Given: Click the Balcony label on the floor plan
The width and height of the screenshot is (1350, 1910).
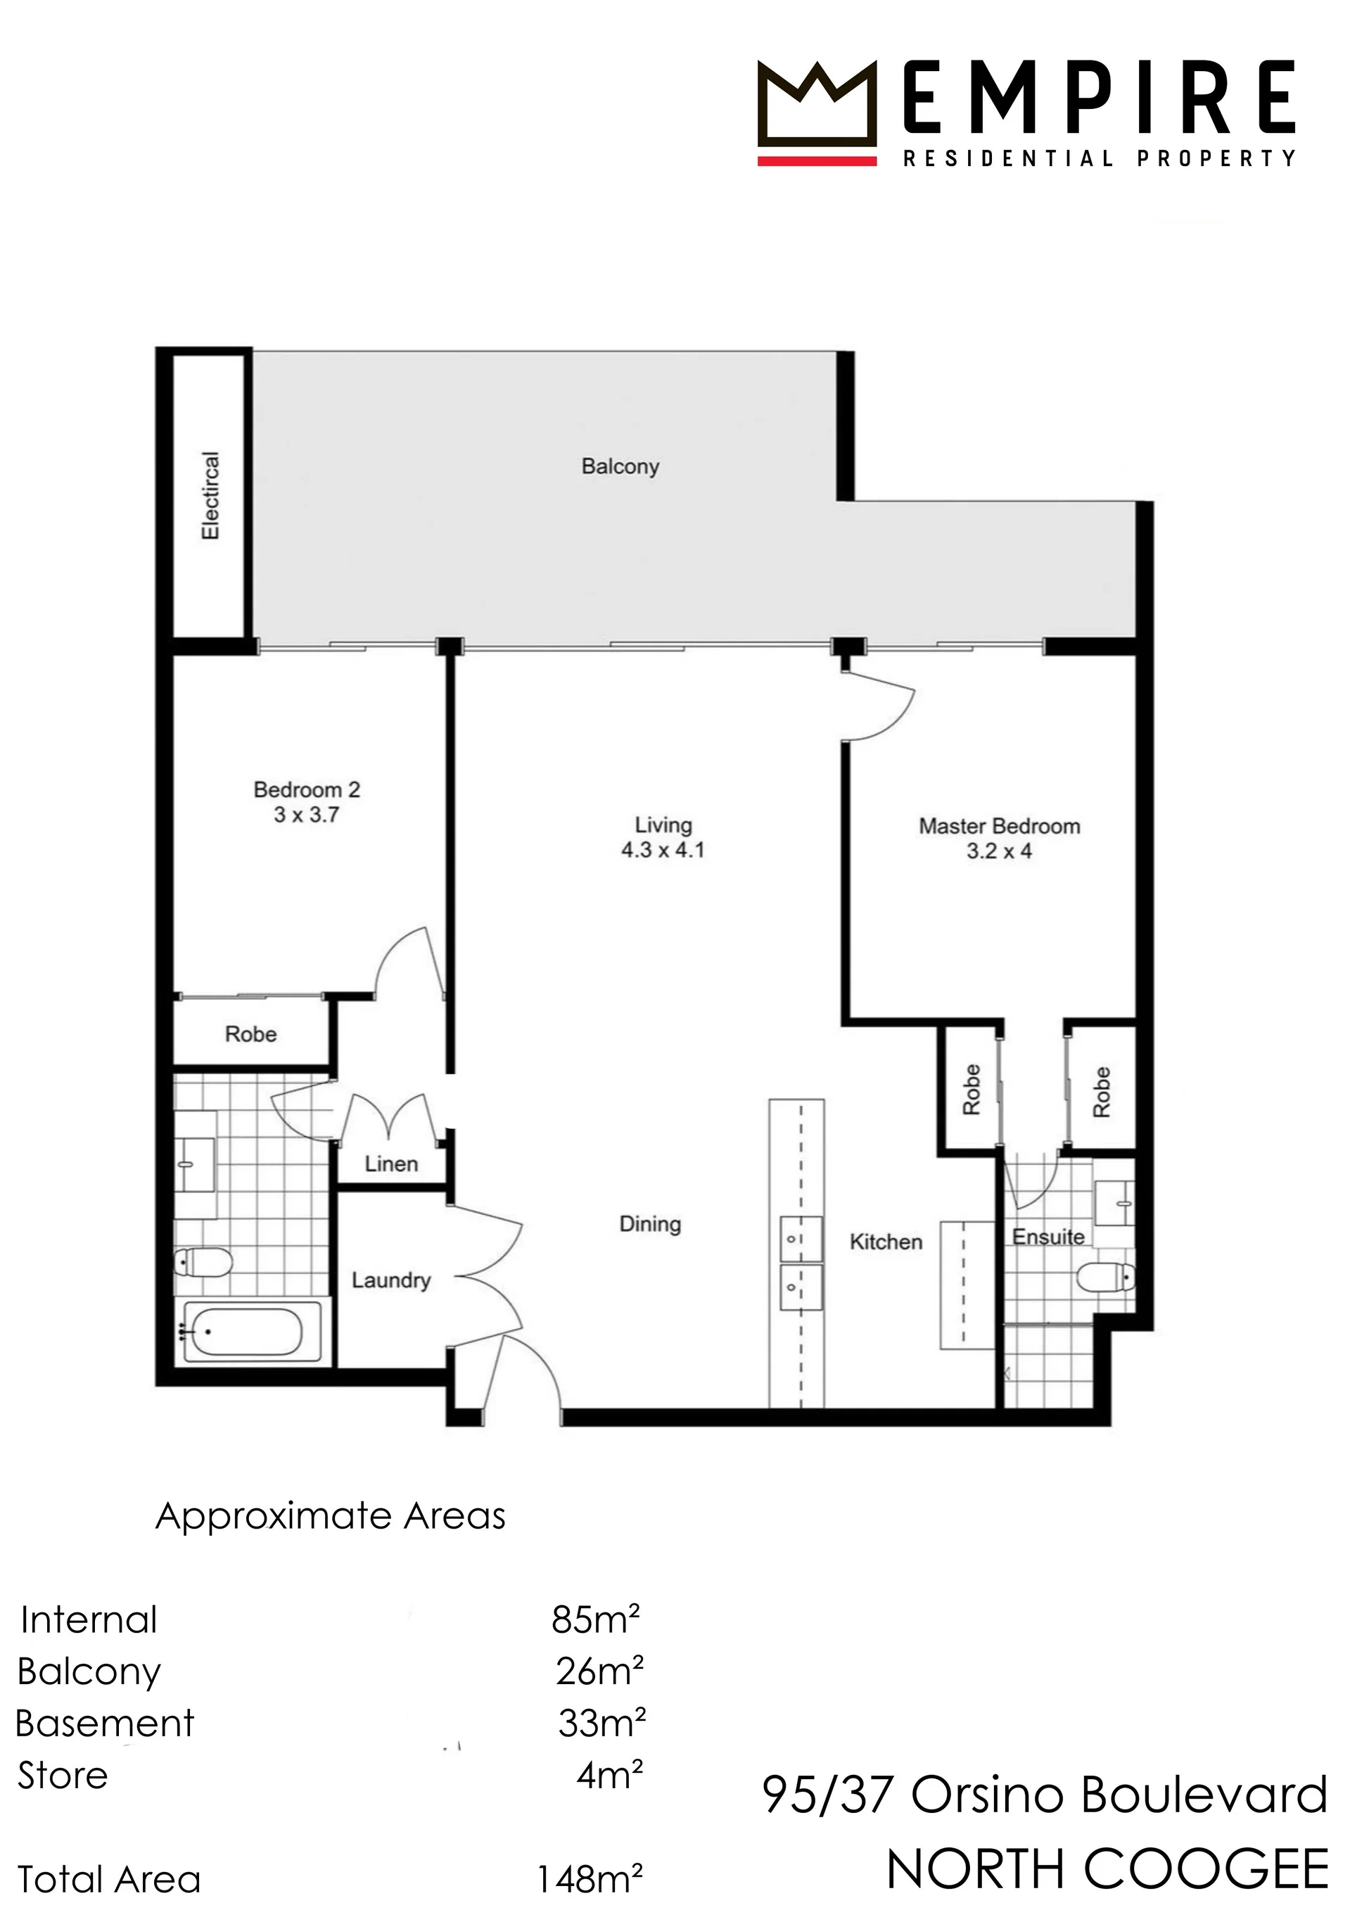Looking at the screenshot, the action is [x=620, y=466].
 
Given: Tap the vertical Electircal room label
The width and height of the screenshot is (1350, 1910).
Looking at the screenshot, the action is [x=210, y=496].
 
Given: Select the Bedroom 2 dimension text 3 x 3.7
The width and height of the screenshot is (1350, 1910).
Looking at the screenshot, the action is [x=307, y=815].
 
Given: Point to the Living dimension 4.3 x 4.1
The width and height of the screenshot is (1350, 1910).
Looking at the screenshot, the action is [x=663, y=851].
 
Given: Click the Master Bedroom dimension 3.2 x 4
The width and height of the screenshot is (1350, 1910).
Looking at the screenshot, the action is [x=999, y=851].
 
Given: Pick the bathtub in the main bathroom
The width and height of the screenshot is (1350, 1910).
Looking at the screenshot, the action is [x=242, y=1332].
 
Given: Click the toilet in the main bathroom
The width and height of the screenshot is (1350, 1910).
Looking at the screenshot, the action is [x=203, y=1263].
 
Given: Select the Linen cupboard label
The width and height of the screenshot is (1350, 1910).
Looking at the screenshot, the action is [x=391, y=1164].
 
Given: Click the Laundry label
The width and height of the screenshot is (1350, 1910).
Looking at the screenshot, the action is [x=391, y=1280].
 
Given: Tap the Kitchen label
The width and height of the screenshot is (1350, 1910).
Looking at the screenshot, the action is [x=886, y=1242].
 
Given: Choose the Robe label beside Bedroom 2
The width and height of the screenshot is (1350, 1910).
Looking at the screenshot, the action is [x=250, y=1034].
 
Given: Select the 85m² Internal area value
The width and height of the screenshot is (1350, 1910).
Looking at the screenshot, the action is [x=596, y=1619].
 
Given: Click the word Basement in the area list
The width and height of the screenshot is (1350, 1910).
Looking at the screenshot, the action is [x=105, y=1723].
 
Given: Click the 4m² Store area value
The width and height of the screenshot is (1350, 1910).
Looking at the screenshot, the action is [x=610, y=1775].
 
